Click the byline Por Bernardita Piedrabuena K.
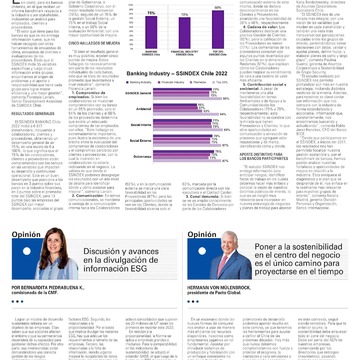50,285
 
